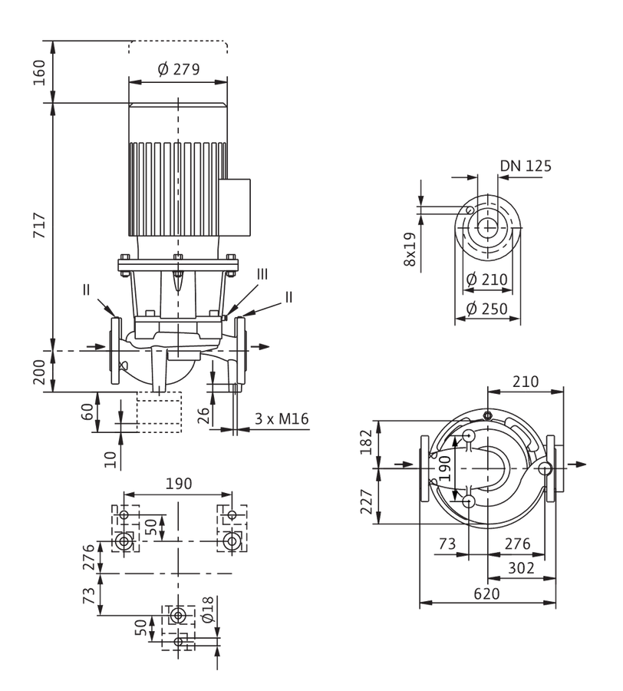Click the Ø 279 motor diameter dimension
pos(178,69)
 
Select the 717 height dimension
pos(40,225)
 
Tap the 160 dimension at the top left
pos(40,72)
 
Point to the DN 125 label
pos(526,166)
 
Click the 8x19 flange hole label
pos(410,249)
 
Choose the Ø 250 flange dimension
pos(486,309)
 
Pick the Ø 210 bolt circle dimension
pos(486,279)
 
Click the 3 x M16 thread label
pos(282,418)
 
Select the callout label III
pos(262,274)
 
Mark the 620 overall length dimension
pos(487,593)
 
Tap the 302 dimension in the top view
pos(521,568)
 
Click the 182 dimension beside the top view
pos(366,441)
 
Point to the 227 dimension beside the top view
pos(366,501)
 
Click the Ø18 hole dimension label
pos(207,609)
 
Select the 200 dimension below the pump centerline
pos(40,372)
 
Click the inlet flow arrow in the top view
pos(404,464)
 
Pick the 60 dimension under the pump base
pos(88,412)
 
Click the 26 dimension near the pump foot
pos(203,415)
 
